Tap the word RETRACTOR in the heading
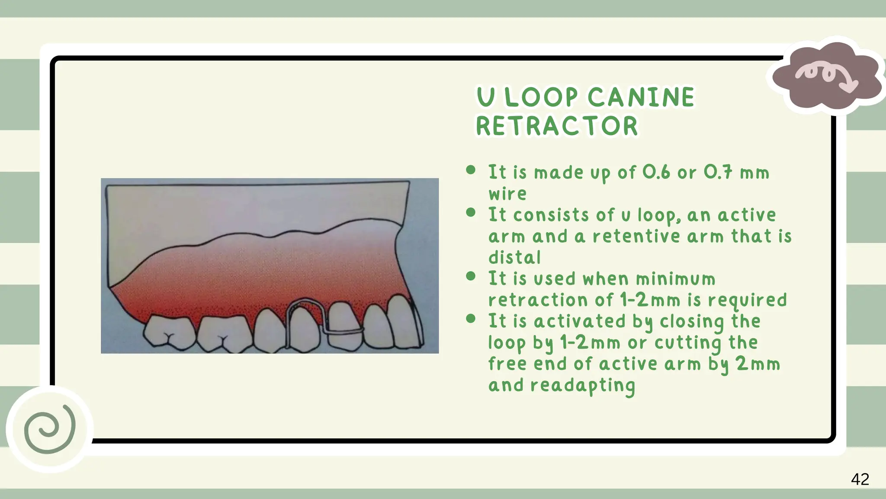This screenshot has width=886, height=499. pyautogui.click(x=557, y=126)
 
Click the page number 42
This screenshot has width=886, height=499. pyautogui.click(x=860, y=479)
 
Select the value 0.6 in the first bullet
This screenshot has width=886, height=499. pyautogui.click(x=656, y=172)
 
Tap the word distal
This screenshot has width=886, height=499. pyautogui.click(x=514, y=258)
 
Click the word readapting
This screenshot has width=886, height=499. pyautogui.click(x=582, y=386)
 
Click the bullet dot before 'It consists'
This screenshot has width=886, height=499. pyautogui.click(x=471, y=213)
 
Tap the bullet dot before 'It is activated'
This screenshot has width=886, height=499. pyautogui.click(x=471, y=319)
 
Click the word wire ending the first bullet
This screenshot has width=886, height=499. pyautogui.click(x=507, y=194)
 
